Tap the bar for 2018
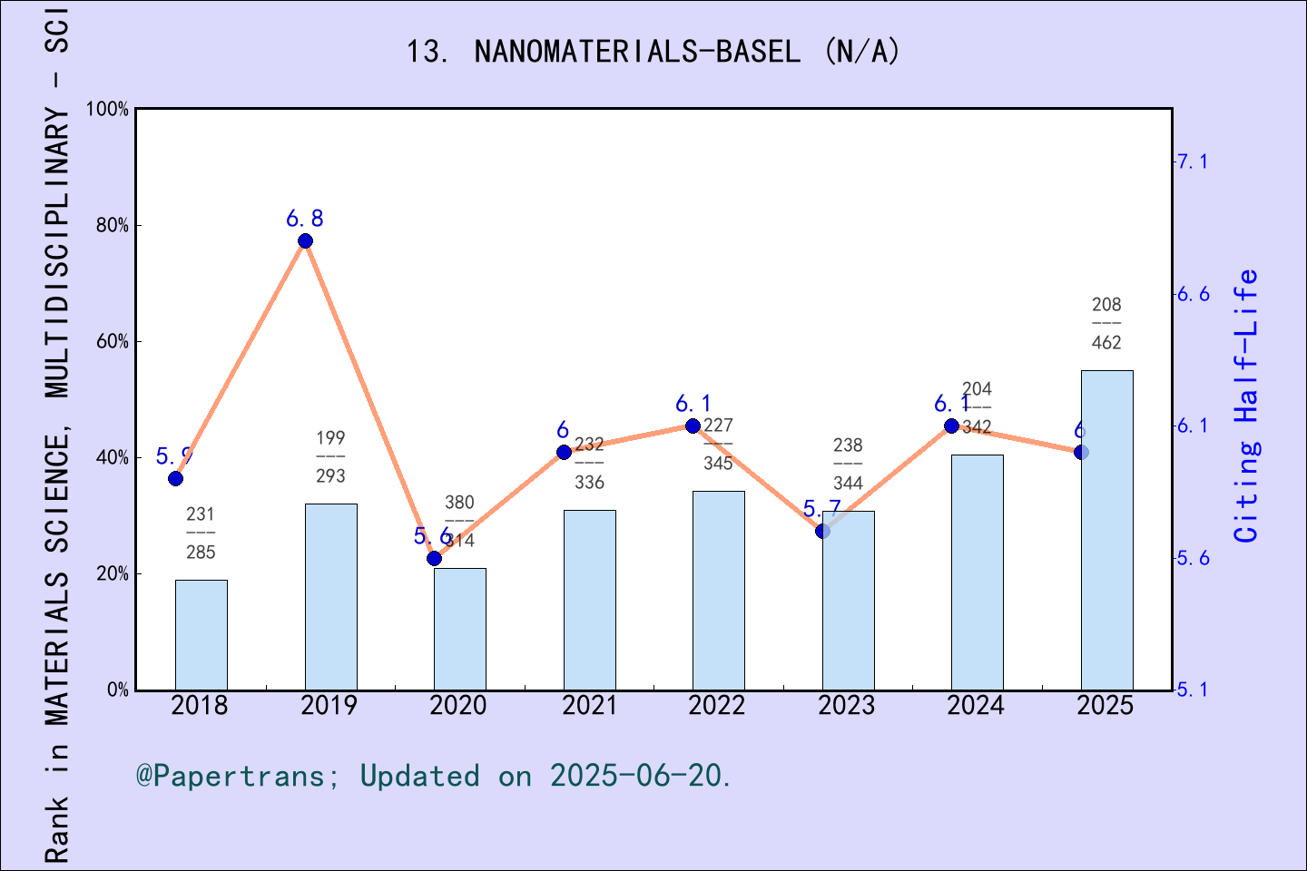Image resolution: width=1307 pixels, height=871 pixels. tap(201, 635)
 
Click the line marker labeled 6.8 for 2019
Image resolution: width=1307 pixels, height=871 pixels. tap(306, 240)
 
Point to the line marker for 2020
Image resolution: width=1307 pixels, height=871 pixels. tap(435, 558)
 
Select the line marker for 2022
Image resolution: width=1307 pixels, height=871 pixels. tap(693, 426)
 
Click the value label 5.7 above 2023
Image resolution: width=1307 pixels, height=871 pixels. tap(821, 509)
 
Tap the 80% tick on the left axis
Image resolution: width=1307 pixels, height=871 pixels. tap(113, 225)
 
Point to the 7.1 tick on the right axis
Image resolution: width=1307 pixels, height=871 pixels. tap(1192, 161)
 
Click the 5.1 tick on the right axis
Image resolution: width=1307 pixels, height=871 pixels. tap(1192, 690)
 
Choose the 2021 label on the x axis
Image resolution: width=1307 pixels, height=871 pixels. tap(588, 706)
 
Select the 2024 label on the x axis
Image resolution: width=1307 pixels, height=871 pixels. tap(976, 706)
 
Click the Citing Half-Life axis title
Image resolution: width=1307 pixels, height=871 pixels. tap(1247, 406)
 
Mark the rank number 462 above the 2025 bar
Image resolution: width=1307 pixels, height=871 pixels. tap(1106, 343)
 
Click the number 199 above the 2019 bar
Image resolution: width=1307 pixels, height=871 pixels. tap(330, 438)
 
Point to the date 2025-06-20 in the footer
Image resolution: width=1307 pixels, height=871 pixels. tap(639, 776)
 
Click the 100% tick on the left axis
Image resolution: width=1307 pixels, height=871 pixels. tap(108, 109)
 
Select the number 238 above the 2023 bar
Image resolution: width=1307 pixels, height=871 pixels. tap(848, 445)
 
